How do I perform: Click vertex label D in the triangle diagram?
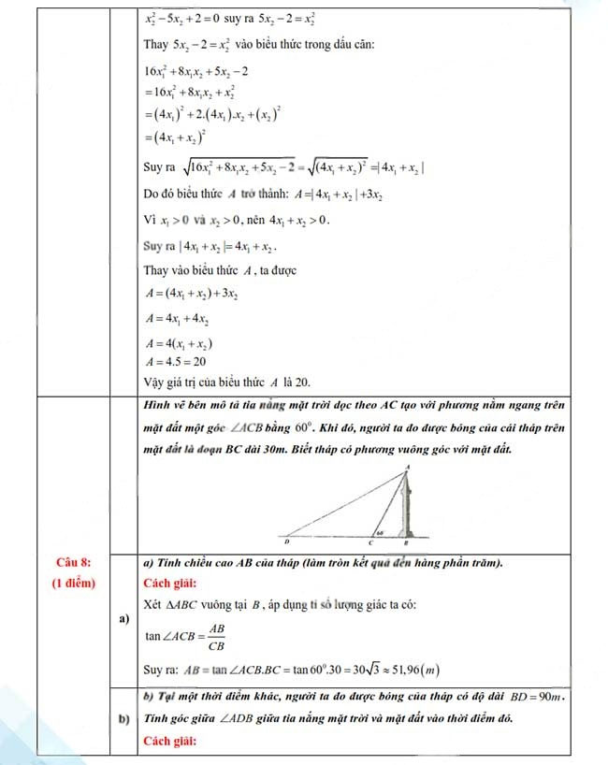click(287, 541)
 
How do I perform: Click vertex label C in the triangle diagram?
click(369, 541)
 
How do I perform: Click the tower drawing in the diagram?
click(407, 505)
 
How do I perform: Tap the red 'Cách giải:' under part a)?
click(171, 583)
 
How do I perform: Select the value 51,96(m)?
click(413, 670)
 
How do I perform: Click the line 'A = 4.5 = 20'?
click(176, 361)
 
